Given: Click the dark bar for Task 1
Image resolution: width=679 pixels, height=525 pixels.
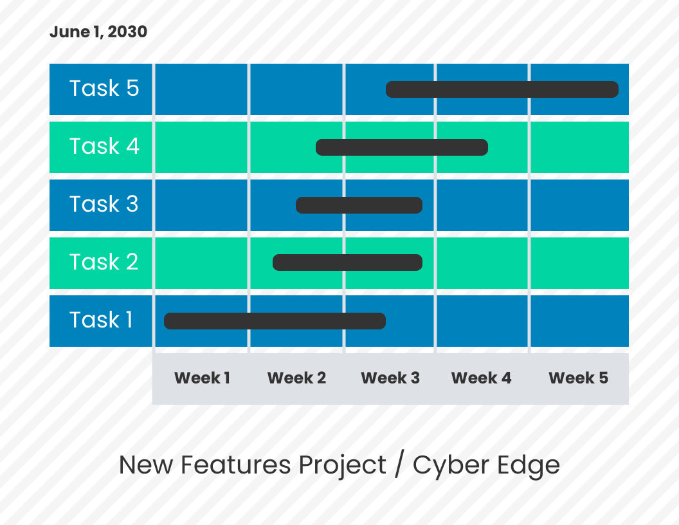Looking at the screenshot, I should point(275,321).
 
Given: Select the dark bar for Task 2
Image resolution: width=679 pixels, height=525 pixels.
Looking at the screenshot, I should point(347,262).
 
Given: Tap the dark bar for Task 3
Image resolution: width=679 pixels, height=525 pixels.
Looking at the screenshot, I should point(359,205).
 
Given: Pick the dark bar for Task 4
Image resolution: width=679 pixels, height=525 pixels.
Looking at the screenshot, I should point(402,147).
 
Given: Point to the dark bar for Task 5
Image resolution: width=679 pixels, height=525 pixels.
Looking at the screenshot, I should point(502,89).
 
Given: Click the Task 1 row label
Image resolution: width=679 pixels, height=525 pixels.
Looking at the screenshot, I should point(101,320).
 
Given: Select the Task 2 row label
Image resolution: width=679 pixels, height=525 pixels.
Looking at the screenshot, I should point(104,262).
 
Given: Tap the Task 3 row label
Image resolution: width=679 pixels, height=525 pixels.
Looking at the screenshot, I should point(104,205).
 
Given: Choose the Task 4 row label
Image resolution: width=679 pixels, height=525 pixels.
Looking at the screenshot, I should point(104,147).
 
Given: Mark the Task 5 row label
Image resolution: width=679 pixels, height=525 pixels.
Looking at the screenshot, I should point(104,89).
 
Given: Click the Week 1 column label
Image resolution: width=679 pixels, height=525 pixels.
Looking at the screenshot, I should point(202,378).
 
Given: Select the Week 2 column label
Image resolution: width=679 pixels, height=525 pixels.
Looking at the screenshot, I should point(296,378).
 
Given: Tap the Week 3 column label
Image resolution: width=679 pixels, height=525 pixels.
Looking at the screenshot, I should point(390,378).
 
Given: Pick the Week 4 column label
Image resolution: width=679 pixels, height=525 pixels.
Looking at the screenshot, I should point(481,378).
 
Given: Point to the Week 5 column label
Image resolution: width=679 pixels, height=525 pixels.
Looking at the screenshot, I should point(578,378).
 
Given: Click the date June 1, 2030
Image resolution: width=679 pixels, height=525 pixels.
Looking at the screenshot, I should point(98,32).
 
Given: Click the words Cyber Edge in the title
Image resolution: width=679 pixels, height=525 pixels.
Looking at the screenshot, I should point(486,465).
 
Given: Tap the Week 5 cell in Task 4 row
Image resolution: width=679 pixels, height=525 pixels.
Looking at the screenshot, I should point(579,147).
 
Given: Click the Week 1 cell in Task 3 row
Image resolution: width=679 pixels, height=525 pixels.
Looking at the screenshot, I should point(201,205).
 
